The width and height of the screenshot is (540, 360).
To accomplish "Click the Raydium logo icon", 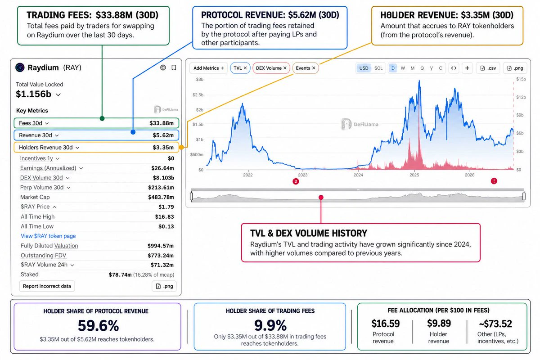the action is click(x=20, y=67).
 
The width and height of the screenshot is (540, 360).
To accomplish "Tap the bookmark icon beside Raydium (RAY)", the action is click(x=174, y=68).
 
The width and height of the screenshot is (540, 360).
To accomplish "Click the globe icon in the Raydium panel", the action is click(x=163, y=67).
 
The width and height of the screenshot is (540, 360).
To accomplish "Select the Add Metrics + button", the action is click(x=208, y=68).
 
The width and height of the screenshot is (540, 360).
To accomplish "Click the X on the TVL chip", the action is click(x=245, y=68).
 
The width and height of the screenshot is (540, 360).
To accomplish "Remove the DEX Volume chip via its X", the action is click(x=285, y=68).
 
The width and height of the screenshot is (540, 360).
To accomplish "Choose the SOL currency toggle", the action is click(x=378, y=68).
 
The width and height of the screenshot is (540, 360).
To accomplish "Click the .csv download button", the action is click(x=488, y=68).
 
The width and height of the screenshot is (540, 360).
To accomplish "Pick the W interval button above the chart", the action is click(x=403, y=68).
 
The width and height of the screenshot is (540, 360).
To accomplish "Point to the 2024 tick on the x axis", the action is click(x=358, y=175).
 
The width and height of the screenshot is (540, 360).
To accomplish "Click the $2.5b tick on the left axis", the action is click(x=198, y=95).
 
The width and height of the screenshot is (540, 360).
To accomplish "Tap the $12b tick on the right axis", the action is click(x=521, y=97).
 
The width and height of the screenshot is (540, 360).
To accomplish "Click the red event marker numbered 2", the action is click(x=296, y=181).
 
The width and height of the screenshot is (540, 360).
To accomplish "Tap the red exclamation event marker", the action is click(x=494, y=181).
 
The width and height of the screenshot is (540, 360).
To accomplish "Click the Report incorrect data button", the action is click(x=47, y=286).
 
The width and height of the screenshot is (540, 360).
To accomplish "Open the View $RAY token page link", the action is click(x=48, y=236).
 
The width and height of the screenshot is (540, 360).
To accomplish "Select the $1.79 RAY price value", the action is click(x=166, y=207).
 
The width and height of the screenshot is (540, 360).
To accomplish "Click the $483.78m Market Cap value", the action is click(x=161, y=197).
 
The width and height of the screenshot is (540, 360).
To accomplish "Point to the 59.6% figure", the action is click(x=99, y=326).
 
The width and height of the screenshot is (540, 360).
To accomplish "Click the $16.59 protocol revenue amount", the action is click(x=386, y=324).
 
